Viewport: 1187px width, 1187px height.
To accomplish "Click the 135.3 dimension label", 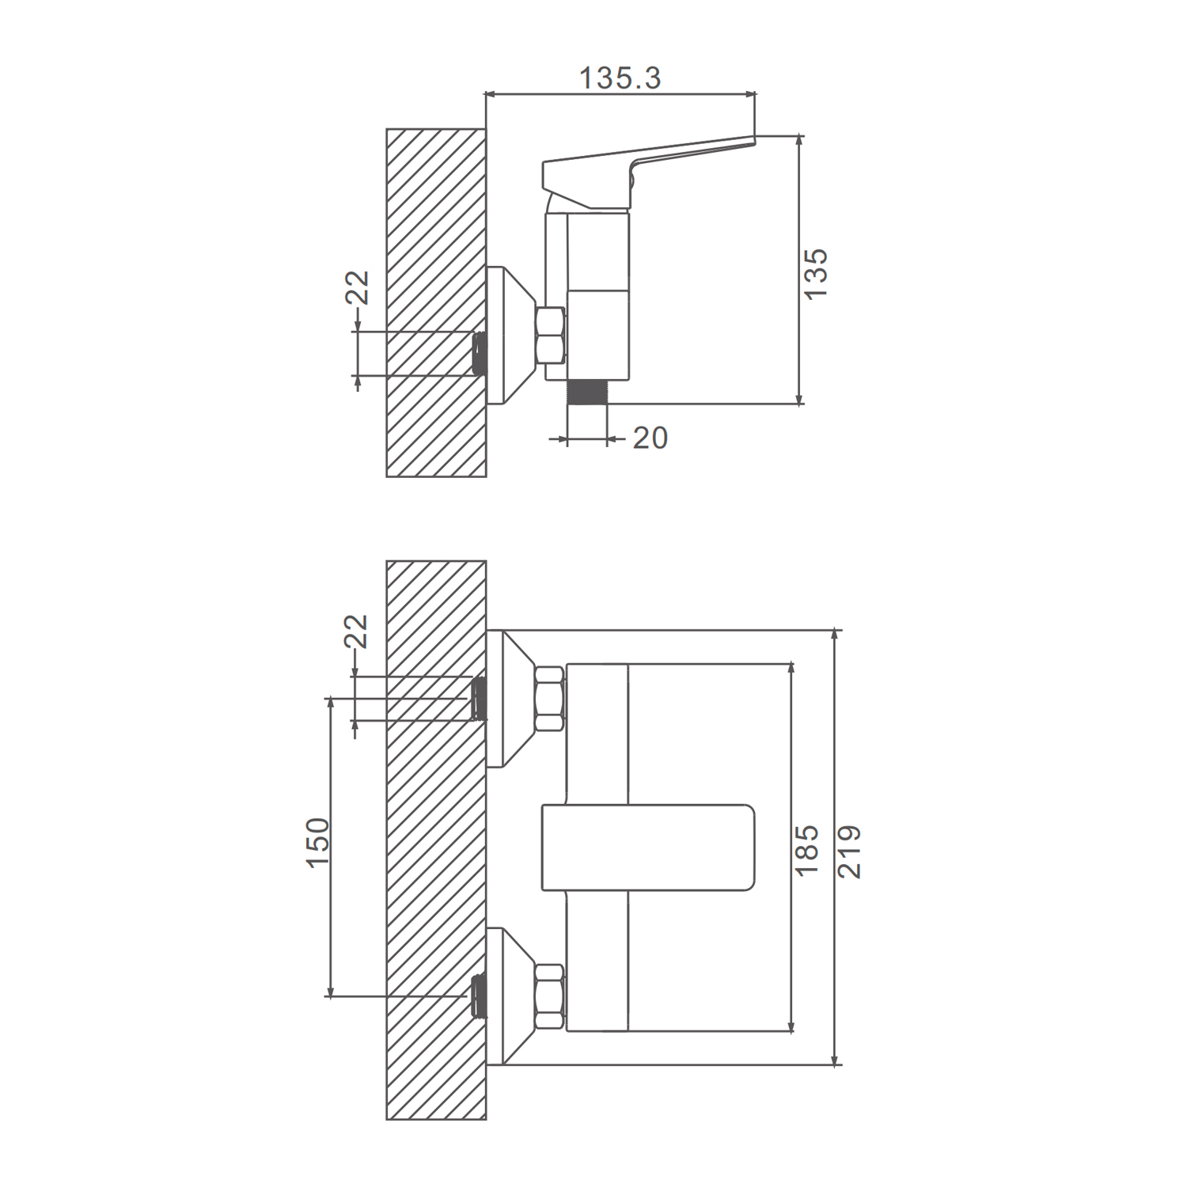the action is (620, 78).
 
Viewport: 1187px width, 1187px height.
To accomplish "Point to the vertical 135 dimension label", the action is (815, 274).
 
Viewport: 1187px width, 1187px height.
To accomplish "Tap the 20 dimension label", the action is (650, 438).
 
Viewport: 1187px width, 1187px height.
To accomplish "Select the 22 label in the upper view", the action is (358, 287).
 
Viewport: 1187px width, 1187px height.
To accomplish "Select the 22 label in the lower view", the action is (357, 631).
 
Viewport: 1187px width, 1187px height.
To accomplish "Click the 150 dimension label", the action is (317, 843).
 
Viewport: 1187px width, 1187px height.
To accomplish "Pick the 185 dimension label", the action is (806, 850).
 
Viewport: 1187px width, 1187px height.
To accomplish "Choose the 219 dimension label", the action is (849, 851).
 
